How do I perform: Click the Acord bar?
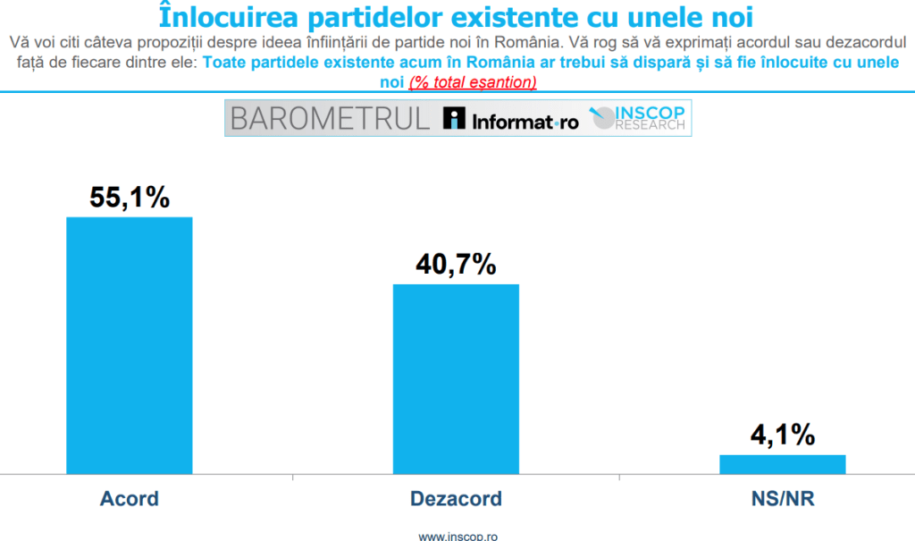point(130,344)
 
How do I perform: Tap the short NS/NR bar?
point(782,463)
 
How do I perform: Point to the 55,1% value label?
point(130,198)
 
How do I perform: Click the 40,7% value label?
point(456,265)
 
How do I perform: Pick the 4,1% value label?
point(782,435)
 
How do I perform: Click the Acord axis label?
point(130,498)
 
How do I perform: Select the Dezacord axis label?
point(456,498)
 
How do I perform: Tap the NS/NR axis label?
point(782,498)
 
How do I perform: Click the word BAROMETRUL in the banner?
point(331,119)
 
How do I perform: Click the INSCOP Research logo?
point(640,119)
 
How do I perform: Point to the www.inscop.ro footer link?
point(457,536)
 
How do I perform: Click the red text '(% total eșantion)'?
point(473,82)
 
